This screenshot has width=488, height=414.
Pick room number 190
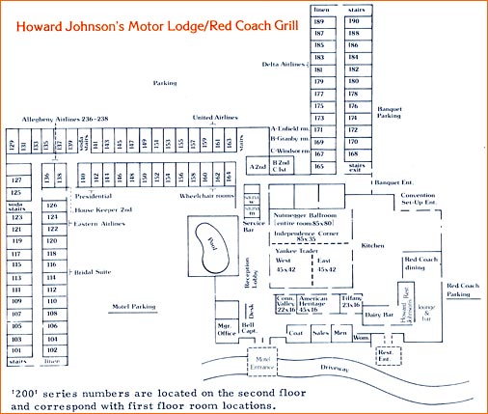click(354, 19)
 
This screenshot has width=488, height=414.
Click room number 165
click(319, 166)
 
